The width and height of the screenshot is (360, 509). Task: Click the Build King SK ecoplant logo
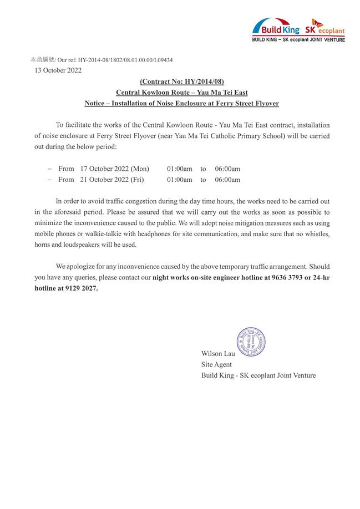pyautogui.click(x=298, y=29)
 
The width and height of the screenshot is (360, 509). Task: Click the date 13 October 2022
pyautogui.click(x=58, y=70)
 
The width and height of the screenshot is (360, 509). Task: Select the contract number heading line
pyautogui.click(x=181, y=82)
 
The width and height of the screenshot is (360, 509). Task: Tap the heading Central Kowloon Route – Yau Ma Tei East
pyautogui.click(x=181, y=93)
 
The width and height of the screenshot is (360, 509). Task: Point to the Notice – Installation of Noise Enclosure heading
pyautogui.click(x=181, y=104)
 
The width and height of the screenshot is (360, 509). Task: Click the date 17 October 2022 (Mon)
pyautogui.click(x=114, y=169)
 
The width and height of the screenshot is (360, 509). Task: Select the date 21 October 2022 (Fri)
pyautogui.click(x=111, y=180)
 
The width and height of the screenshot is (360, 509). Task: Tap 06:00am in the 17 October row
pyautogui.click(x=227, y=169)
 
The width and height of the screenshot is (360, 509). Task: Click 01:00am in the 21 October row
pyautogui.click(x=180, y=180)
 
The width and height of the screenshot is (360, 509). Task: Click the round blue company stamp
pyautogui.click(x=250, y=342)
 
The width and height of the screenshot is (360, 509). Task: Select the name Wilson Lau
pyautogui.click(x=218, y=354)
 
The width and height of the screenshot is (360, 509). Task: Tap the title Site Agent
pyautogui.click(x=216, y=365)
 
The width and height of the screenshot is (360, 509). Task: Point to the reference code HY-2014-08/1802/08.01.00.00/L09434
pyautogui.click(x=125, y=60)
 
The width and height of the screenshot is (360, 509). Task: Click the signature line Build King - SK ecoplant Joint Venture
pyautogui.click(x=258, y=376)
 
